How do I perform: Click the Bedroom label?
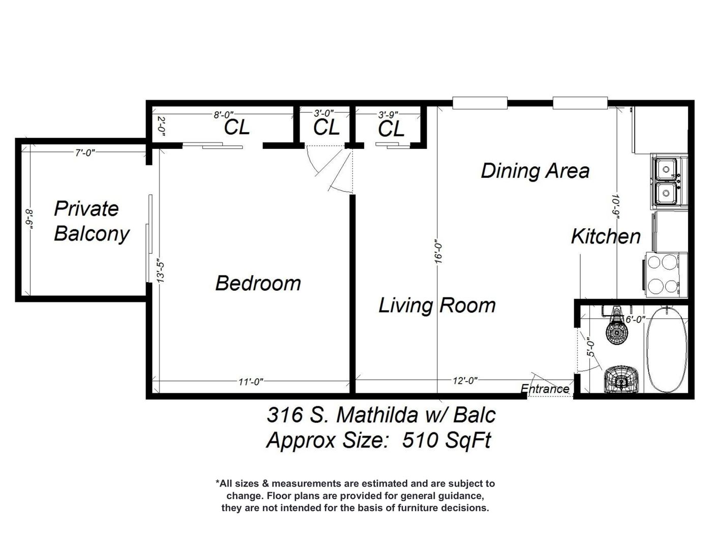258,283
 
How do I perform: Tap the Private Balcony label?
91,222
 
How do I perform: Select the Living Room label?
437,306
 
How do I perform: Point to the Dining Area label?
535,171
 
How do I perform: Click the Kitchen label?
606,236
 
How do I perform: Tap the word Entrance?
545,389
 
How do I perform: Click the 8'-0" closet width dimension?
224,115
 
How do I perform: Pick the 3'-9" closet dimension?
388,115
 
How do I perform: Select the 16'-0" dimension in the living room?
438,253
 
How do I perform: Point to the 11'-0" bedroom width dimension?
251,382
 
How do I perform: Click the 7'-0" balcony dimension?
85,152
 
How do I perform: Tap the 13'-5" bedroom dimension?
160,272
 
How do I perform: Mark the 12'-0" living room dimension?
465,381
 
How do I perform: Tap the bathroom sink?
620,379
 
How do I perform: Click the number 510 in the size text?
419,440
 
